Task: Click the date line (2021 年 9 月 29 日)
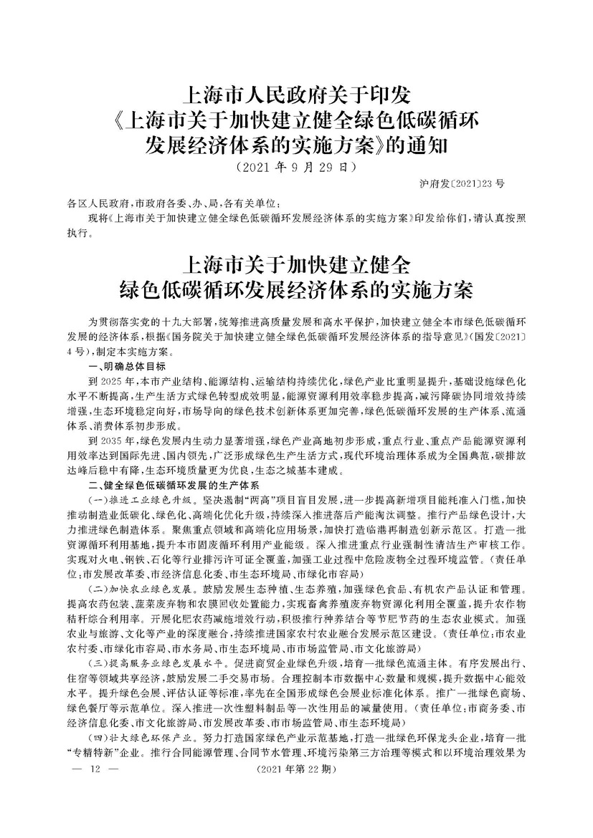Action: point(296,169)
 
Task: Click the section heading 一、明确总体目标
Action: point(127,365)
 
